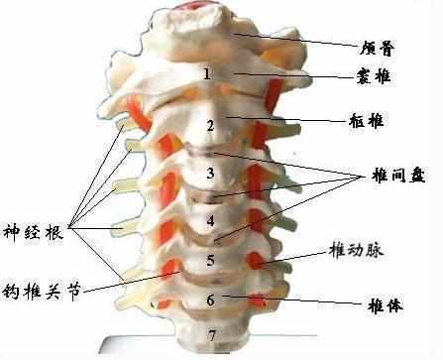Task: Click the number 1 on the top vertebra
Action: [x=206, y=74]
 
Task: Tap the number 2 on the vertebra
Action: [x=210, y=125]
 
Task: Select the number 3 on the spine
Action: [x=210, y=175]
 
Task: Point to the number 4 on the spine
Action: [x=210, y=219]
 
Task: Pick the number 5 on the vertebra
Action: [x=209, y=261]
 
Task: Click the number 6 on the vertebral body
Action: [x=209, y=300]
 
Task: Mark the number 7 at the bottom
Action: [x=211, y=336]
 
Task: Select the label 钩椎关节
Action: [x=39, y=293]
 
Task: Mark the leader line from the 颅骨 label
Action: [x=307, y=42]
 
